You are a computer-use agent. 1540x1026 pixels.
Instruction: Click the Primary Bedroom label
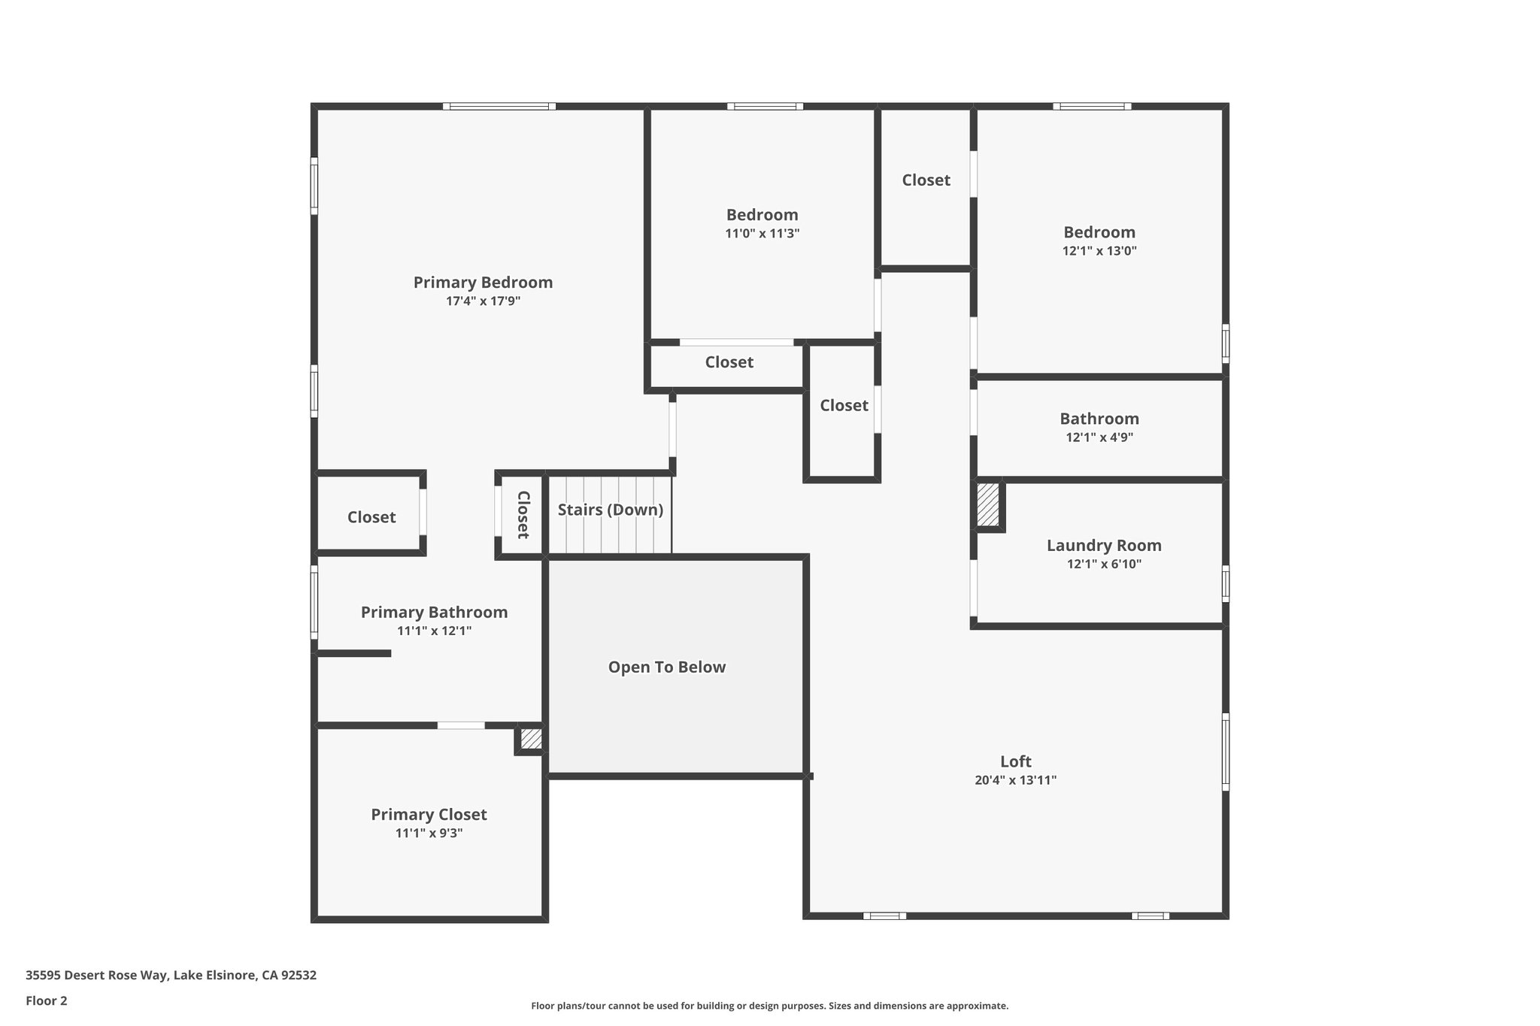[x=483, y=283]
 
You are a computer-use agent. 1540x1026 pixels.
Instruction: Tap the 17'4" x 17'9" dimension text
[x=483, y=301]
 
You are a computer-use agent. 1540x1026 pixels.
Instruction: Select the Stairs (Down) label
[x=610, y=510]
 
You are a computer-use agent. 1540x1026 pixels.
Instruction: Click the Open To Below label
[x=666, y=667]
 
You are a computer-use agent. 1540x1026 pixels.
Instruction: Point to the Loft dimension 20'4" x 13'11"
[x=1015, y=780]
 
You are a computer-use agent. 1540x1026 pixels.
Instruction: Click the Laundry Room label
[x=1103, y=546]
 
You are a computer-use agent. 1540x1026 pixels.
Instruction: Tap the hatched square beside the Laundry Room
[x=987, y=504]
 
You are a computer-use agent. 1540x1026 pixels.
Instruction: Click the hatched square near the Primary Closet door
[x=531, y=739]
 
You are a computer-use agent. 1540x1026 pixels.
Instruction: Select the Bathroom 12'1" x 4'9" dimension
[x=1099, y=437]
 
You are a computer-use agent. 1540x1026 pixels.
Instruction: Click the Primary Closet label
[x=429, y=815]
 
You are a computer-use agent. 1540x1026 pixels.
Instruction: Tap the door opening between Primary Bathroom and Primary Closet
[x=461, y=725]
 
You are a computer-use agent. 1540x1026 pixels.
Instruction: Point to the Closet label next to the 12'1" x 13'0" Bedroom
[x=926, y=180]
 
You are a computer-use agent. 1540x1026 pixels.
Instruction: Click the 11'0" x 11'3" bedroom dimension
[x=762, y=234]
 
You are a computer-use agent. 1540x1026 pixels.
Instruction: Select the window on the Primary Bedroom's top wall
[x=499, y=107]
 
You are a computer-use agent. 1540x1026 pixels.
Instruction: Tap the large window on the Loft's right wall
[x=1225, y=752]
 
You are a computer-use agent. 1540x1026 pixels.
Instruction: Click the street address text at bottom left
[x=171, y=976]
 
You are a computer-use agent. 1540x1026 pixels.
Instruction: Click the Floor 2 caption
[x=47, y=1001]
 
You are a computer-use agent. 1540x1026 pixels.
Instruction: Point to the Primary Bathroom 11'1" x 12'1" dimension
[x=434, y=631]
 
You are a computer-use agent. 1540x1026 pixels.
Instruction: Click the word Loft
[x=1015, y=761]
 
